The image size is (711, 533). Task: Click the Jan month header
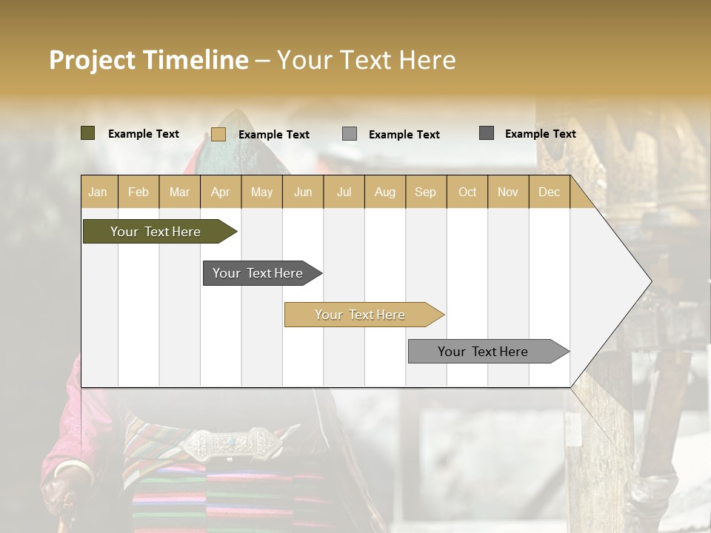(x=98, y=192)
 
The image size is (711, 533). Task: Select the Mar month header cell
(x=179, y=192)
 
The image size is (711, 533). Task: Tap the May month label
(x=261, y=192)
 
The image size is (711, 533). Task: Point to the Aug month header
(x=384, y=192)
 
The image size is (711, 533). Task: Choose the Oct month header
(x=467, y=192)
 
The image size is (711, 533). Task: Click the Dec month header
(x=549, y=192)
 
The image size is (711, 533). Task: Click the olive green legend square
(x=87, y=133)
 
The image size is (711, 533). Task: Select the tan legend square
(x=218, y=134)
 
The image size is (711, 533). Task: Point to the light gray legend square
(x=350, y=134)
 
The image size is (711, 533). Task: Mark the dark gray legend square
(x=487, y=133)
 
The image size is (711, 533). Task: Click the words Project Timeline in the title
(x=148, y=60)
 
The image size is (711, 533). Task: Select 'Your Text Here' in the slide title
(x=366, y=60)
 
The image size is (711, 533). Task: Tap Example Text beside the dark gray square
(x=540, y=133)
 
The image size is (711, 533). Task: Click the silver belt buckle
(x=230, y=444)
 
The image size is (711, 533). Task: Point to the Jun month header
(x=302, y=192)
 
